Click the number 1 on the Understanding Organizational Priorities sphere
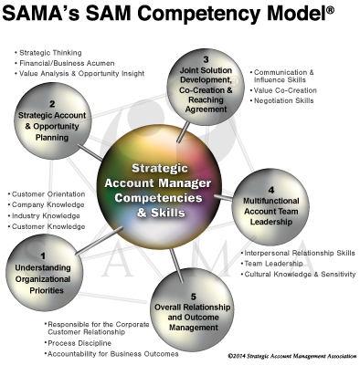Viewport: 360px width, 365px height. pos(43,255)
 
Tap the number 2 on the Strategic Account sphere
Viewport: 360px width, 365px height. pos(53,104)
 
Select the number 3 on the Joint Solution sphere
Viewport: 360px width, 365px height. pos(206,60)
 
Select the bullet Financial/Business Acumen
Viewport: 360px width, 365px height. pos(63,64)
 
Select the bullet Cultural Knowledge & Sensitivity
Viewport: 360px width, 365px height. pos(300,273)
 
